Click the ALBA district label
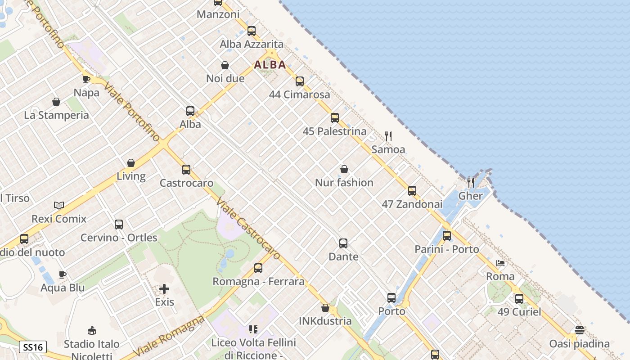click(270, 65)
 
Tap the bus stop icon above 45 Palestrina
click(335, 118)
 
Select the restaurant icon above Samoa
click(388, 136)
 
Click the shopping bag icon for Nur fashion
click(344, 169)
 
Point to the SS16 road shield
click(33, 347)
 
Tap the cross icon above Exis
click(164, 289)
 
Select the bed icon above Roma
click(500, 263)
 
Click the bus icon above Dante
click(343, 243)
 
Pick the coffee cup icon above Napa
click(86, 80)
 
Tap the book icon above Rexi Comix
click(59, 206)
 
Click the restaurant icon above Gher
click(471, 182)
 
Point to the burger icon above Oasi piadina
click(579, 330)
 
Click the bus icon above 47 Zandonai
click(412, 191)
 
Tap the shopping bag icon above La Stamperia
click(56, 102)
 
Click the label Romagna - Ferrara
click(258, 282)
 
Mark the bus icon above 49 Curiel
click(519, 298)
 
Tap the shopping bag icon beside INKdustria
click(325, 308)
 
